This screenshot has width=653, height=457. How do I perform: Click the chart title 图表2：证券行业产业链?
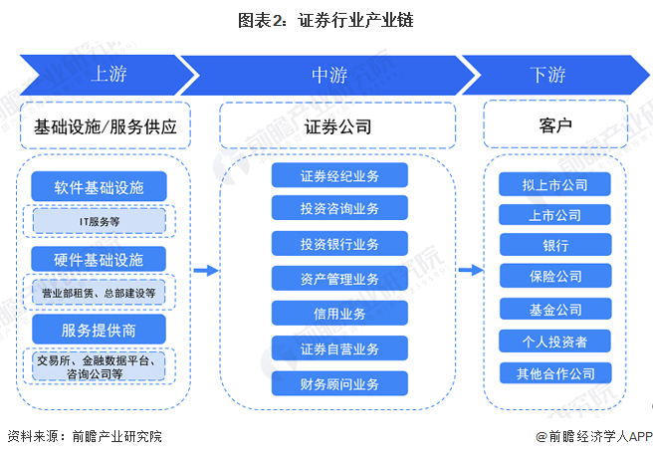pos(326,20)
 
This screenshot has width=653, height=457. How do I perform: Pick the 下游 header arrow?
pos(547,75)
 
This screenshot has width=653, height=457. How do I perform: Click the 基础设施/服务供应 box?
pos(106,126)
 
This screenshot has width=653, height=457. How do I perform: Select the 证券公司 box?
pos(338,126)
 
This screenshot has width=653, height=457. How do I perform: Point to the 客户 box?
pos(554,126)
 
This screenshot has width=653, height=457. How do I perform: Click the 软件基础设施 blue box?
pos(99,186)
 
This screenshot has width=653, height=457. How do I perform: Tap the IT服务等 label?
pos(99,220)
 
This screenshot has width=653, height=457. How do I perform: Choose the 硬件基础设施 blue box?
pos(99,259)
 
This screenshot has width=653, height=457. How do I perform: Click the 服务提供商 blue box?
pos(99,328)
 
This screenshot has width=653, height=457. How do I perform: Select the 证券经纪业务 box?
pos(339,175)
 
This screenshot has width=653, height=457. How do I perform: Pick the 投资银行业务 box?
pos(339,244)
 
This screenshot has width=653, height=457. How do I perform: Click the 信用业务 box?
pos(339,313)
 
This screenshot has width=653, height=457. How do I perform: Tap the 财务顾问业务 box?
pos(339,381)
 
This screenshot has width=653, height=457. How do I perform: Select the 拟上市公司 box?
pos(555,184)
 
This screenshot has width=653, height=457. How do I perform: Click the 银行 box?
pos(555,245)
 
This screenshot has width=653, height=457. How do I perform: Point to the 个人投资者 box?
pos(555,342)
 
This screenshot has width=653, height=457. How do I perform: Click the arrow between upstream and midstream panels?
pos(205,270)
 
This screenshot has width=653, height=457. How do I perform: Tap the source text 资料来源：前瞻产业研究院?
pos(84,436)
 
